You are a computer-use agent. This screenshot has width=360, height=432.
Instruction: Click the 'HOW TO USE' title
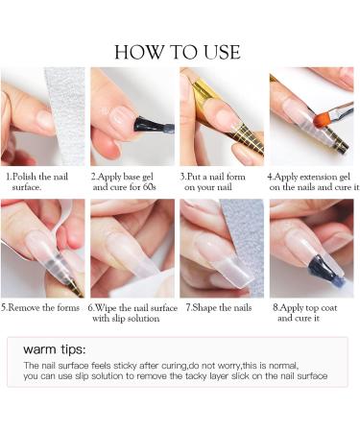click(178, 52)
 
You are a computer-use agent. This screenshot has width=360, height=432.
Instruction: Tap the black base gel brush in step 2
click(152, 126)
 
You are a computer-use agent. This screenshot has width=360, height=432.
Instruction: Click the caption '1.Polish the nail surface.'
click(37, 181)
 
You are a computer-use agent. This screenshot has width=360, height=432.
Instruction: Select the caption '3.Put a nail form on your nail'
click(212, 181)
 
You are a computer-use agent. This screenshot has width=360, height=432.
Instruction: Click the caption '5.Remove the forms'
click(40, 308)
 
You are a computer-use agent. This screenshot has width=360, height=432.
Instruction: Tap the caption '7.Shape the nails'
click(219, 308)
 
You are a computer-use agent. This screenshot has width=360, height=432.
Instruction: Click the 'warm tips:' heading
click(55, 349)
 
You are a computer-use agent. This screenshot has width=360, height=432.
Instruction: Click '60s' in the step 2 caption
click(149, 186)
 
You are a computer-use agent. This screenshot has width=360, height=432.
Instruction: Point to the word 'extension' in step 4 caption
click(316, 177)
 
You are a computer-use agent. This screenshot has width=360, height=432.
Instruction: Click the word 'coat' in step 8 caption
click(328, 308)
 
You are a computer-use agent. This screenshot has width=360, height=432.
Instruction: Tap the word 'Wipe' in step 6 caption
click(106, 308)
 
